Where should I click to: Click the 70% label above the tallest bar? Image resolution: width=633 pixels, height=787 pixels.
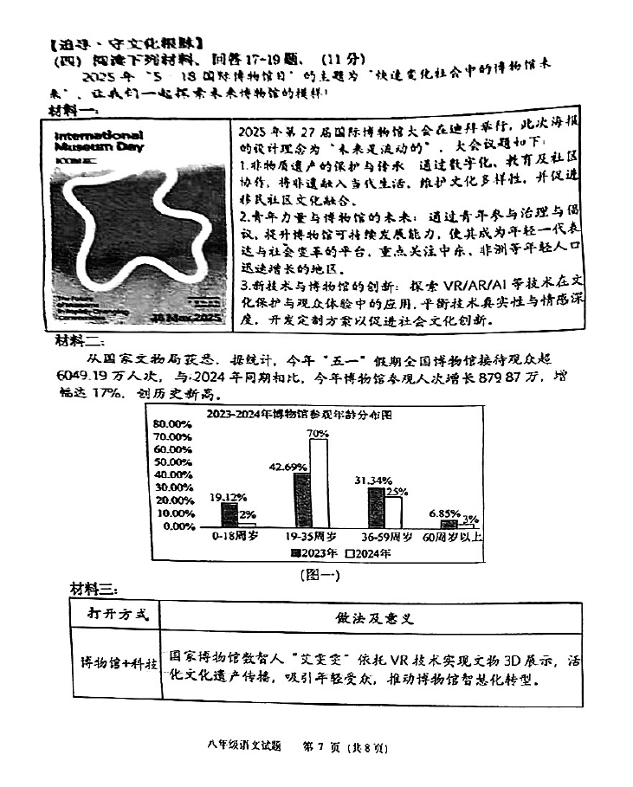click(317, 433)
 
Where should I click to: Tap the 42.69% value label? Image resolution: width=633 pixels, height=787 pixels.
click(289, 468)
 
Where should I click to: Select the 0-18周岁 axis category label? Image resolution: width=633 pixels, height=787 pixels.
click(235, 537)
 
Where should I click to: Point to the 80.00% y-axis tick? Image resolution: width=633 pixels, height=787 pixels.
click(173, 423)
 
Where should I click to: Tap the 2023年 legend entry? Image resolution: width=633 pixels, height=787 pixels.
click(315, 552)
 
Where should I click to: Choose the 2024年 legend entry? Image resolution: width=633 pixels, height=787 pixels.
click(370, 552)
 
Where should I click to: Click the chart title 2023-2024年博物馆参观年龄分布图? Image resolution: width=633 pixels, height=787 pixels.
click(299, 414)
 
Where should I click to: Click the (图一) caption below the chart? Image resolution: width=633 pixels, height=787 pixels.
click(320, 574)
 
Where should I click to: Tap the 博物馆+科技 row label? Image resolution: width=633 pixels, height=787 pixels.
click(114, 664)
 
